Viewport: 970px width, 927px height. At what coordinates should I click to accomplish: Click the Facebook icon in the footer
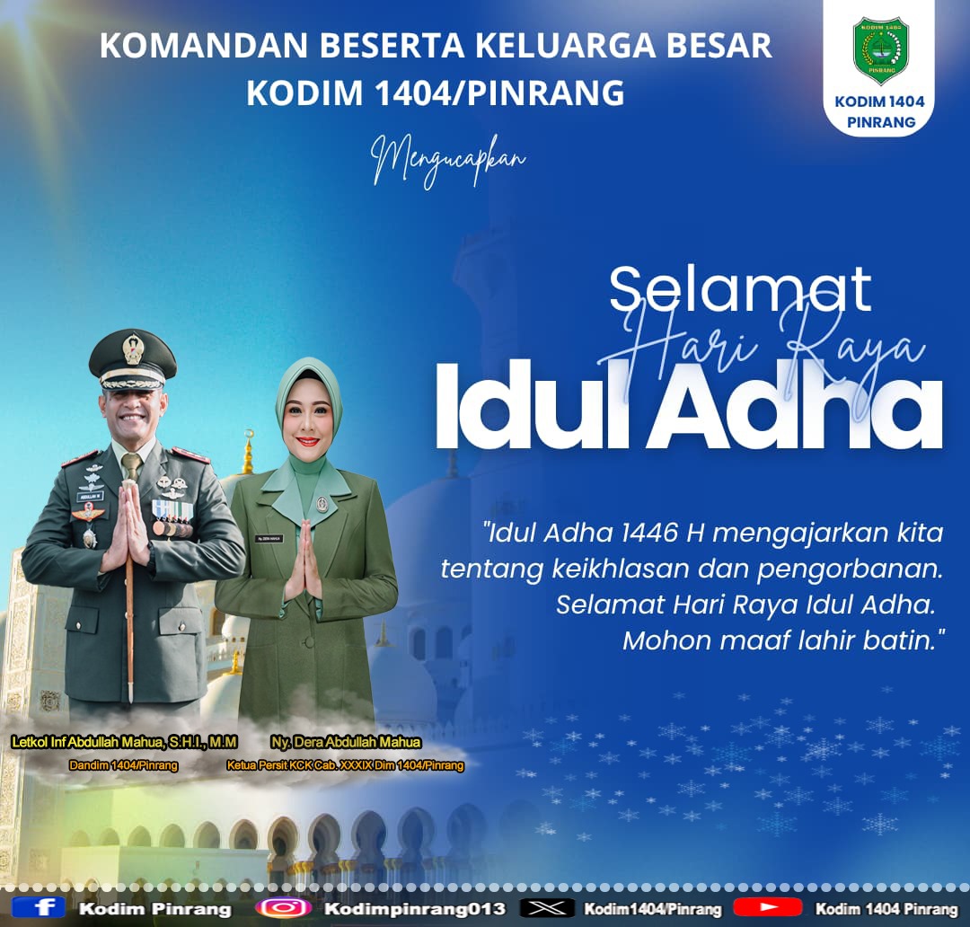tap(39, 908)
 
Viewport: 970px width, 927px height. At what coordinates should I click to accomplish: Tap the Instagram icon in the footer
tap(283, 908)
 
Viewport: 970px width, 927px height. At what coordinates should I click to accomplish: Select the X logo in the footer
tap(548, 908)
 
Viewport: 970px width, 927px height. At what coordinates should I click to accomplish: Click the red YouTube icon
tap(767, 907)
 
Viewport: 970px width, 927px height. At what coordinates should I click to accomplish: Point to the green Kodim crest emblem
tap(880, 49)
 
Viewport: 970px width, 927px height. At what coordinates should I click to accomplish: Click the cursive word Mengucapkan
tap(448, 161)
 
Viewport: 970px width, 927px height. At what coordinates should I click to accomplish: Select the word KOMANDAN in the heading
tap(204, 46)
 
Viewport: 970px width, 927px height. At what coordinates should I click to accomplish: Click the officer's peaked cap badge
tap(132, 349)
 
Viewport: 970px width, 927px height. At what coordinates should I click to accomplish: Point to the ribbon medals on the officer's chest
tap(172, 518)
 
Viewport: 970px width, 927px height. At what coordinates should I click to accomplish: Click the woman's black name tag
tap(269, 538)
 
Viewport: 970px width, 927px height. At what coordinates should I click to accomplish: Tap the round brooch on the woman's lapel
tap(322, 503)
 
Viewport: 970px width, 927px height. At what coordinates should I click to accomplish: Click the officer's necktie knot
tap(130, 461)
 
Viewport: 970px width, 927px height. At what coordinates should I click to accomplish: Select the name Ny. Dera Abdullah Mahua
tap(346, 742)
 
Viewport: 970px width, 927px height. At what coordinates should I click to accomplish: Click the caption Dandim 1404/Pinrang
tap(124, 765)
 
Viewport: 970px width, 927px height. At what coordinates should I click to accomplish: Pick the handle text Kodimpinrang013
tap(414, 908)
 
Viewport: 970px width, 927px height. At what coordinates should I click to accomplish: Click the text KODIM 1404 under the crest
tap(879, 102)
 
